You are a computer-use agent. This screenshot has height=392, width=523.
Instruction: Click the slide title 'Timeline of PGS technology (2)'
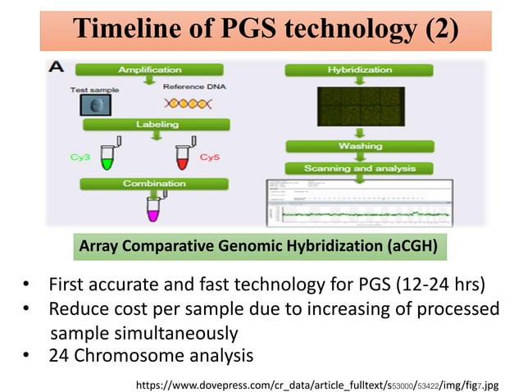coord(265,30)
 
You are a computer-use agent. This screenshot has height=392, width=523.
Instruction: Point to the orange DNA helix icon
coord(188,104)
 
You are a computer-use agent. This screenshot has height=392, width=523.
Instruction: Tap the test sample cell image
coord(98,105)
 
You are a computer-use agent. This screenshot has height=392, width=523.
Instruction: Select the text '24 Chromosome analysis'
coord(151,355)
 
